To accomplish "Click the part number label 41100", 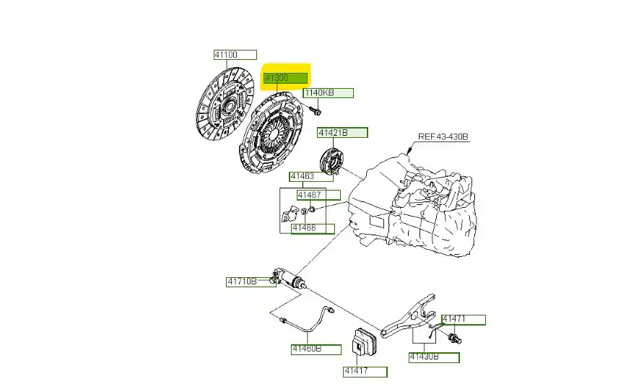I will pos(234,55).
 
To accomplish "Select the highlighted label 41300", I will pos(285,77).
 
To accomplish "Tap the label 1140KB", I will pos(328,93).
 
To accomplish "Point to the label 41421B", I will pos(342,133).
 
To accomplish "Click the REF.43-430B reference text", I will pos(443,137).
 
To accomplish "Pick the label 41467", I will pos(318,195).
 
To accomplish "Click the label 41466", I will pos(313,229).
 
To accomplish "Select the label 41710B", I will pos(242,282).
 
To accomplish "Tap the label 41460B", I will pos(316,349).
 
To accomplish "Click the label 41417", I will pos(364,372).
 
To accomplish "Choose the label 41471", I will pos(462,319).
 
